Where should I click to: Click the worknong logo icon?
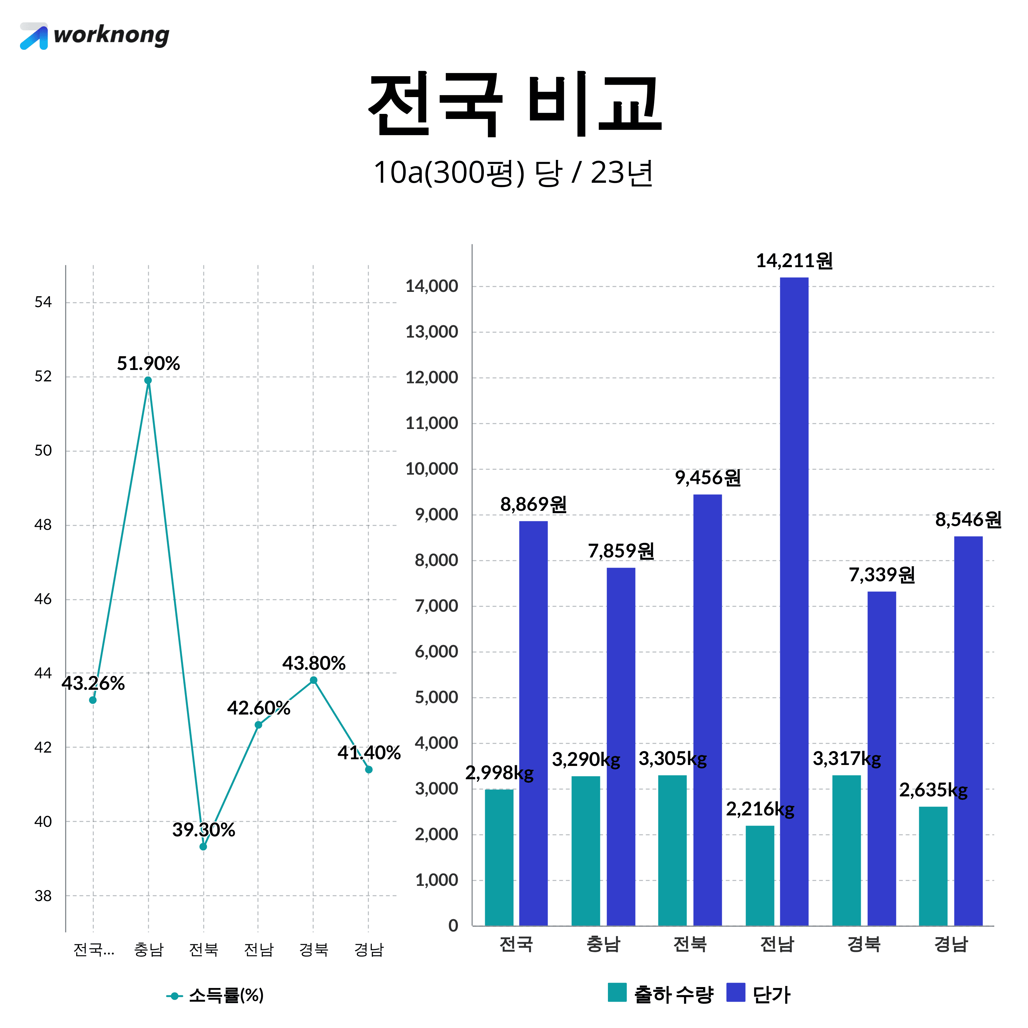34,36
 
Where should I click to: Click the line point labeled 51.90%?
148,380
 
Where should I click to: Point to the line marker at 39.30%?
203,846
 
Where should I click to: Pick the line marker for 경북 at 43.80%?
313,680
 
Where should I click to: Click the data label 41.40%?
369,752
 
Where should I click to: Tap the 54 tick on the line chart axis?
43,302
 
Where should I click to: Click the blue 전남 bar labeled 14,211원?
794,601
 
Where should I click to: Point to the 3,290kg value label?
586,759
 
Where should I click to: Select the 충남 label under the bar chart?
603,944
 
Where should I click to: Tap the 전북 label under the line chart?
204,949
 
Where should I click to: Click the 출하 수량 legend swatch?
617,993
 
